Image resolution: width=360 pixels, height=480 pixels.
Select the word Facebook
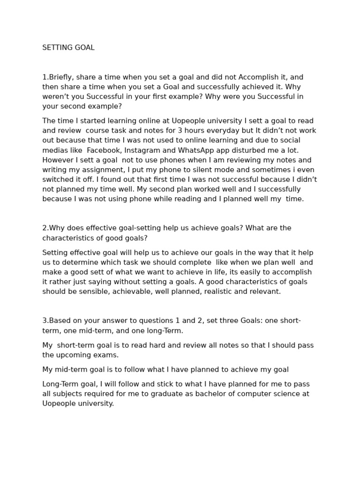click(x=104, y=150)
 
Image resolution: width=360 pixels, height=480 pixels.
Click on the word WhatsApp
click(x=199, y=150)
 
